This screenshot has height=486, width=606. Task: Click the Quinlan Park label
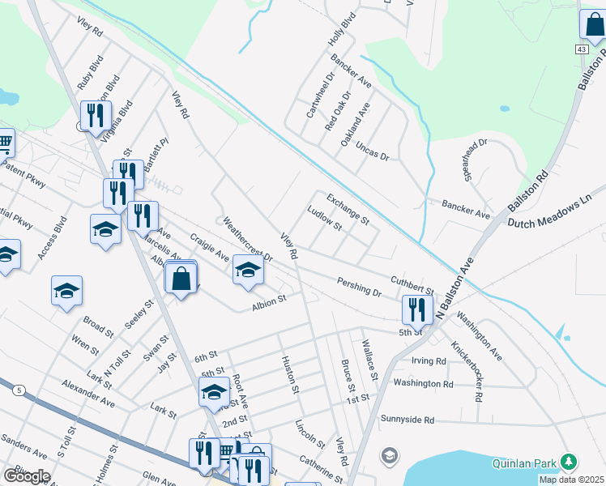click(x=523, y=463)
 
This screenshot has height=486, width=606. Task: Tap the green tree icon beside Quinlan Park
click(x=569, y=462)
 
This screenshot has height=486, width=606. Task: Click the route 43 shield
click(x=582, y=50)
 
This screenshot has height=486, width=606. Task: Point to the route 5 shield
click(x=18, y=390)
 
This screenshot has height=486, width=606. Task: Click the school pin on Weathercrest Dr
click(x=248, y=270)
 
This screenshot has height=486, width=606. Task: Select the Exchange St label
click(x=348, y=209)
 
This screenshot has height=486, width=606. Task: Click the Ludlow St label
click(x=324, y=219)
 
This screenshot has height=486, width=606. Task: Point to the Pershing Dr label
click(x=359, y=285)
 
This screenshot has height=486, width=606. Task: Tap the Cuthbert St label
click(x=412, y=283)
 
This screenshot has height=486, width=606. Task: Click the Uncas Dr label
click(x=372, y=150)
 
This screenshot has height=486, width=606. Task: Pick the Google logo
click(x=26, y=476)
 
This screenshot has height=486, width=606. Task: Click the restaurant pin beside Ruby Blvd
click(x=96, y=116)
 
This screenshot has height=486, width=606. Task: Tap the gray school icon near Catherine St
click(x=390, y=455)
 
